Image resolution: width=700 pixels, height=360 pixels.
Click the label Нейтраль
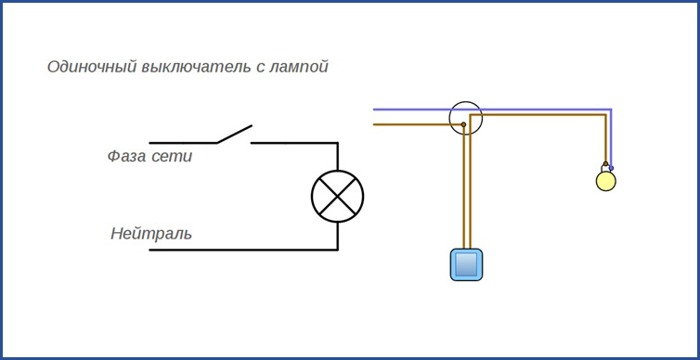pos(151,233)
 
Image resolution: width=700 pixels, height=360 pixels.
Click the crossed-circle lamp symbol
pos(337,196)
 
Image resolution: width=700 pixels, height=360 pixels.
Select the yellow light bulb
pos(605,180)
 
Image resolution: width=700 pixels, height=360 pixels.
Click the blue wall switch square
pos(468,264)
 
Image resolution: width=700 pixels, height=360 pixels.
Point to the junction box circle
pos(466,118)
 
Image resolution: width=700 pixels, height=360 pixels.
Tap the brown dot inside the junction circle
pos(463,123)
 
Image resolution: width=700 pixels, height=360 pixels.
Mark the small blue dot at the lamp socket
pos(611,168)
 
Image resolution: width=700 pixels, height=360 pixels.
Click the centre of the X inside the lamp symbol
pos(337,196)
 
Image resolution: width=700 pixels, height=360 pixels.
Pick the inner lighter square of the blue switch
pos(468,264)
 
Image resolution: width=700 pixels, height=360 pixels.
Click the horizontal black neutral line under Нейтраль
pos(241,250)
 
